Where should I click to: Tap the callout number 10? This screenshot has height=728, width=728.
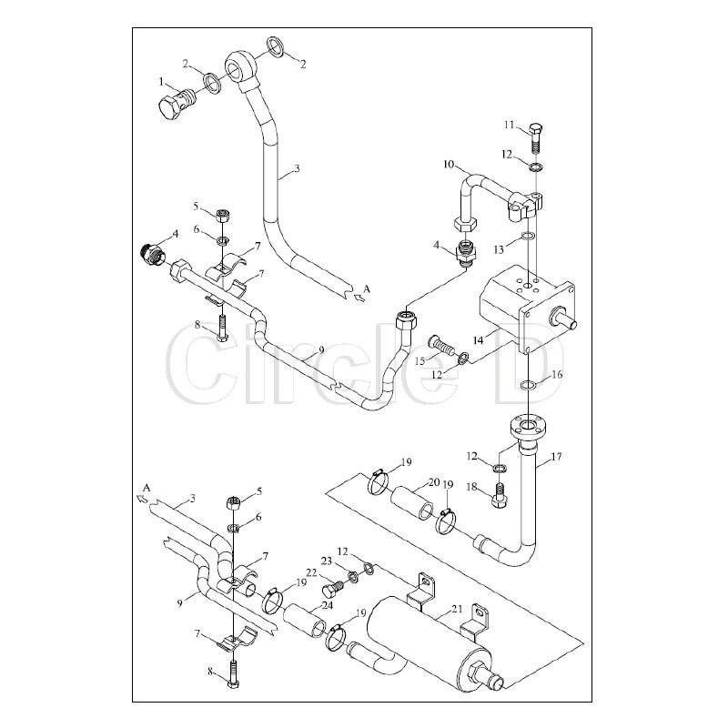click(449, 165)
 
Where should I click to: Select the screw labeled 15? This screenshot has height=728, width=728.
click(440, 346)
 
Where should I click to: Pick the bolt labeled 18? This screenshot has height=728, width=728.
click(499, 496)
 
